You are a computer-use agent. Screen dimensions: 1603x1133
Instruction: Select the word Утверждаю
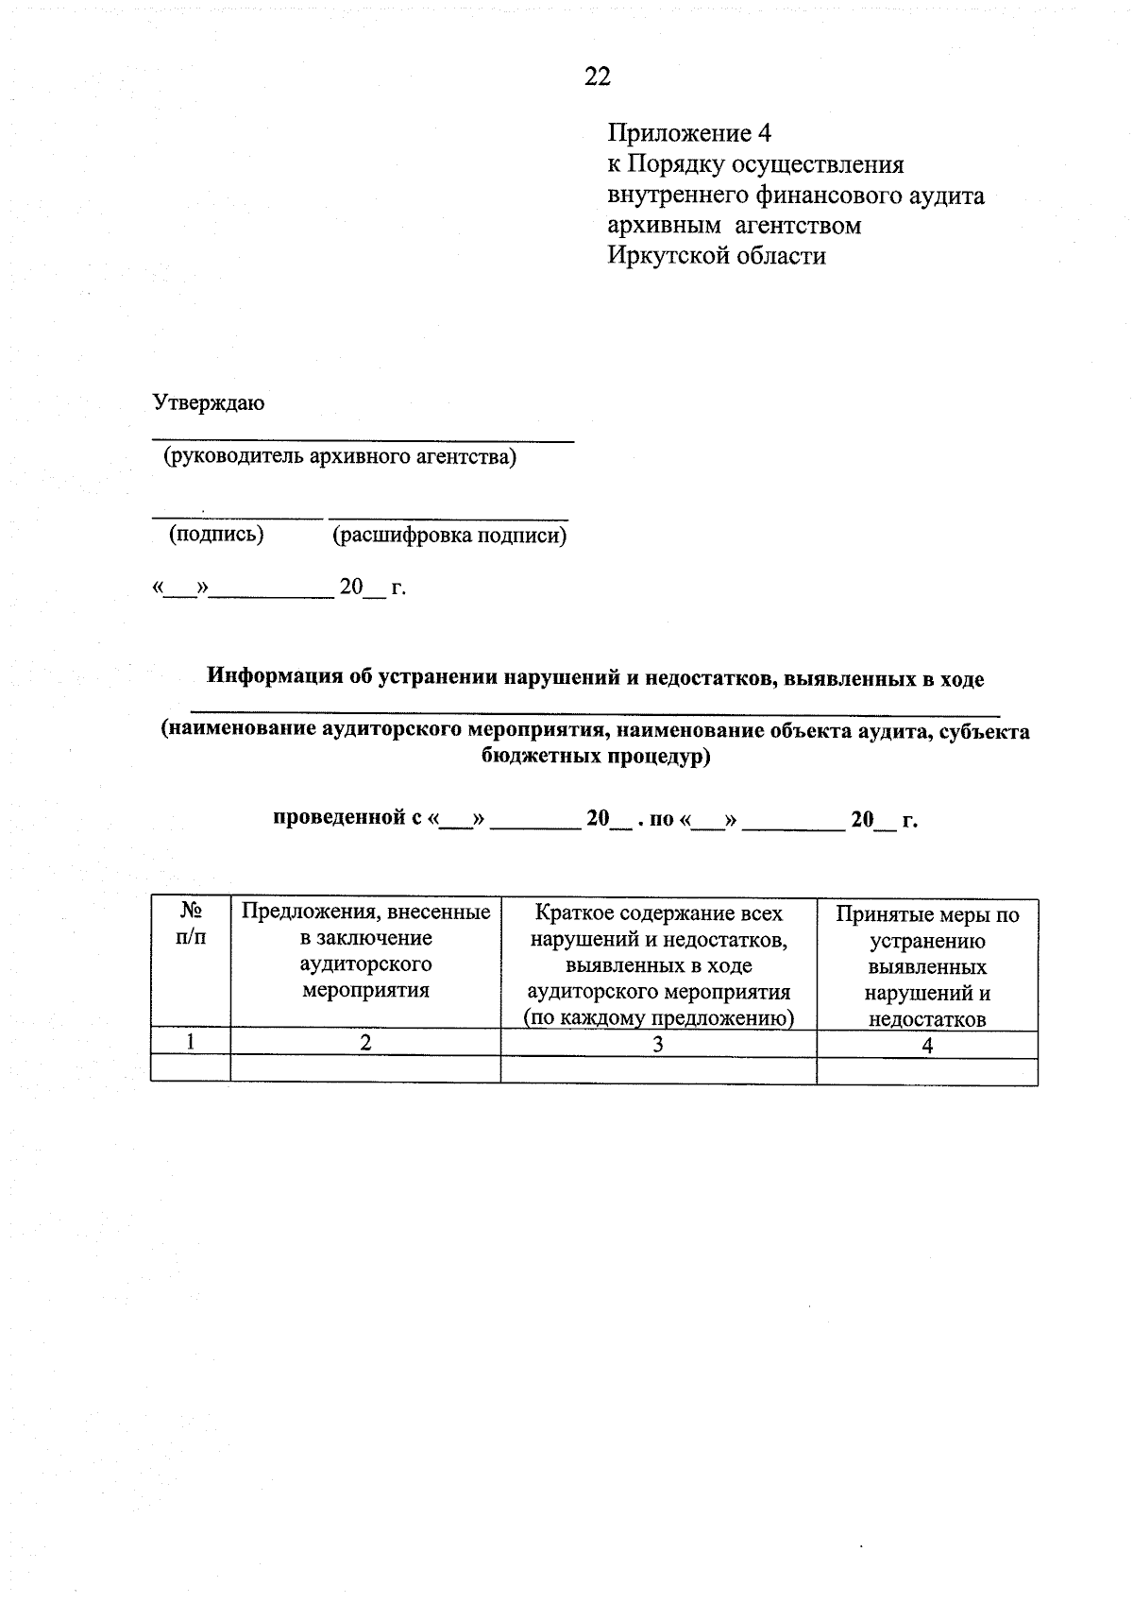click(209, 403)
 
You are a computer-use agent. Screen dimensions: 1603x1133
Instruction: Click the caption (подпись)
click(216, 535)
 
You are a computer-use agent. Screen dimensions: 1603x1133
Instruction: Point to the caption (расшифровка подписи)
click(449, 537)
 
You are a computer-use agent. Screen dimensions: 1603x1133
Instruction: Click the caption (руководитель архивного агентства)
click(340, 458)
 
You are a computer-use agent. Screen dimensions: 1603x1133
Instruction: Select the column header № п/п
click(191, 925)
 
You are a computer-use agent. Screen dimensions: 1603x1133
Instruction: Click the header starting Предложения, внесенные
click(365, 951)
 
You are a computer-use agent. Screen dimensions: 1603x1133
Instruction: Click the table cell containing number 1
click(191, 1042)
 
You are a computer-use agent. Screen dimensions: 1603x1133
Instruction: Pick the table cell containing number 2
click(365, 1043)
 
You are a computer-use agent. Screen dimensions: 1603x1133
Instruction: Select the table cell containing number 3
click(658, 1044)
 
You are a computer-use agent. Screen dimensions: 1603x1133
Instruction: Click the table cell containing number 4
click(927, 1045)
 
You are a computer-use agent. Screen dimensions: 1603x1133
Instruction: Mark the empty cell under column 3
click(658, 1070)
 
